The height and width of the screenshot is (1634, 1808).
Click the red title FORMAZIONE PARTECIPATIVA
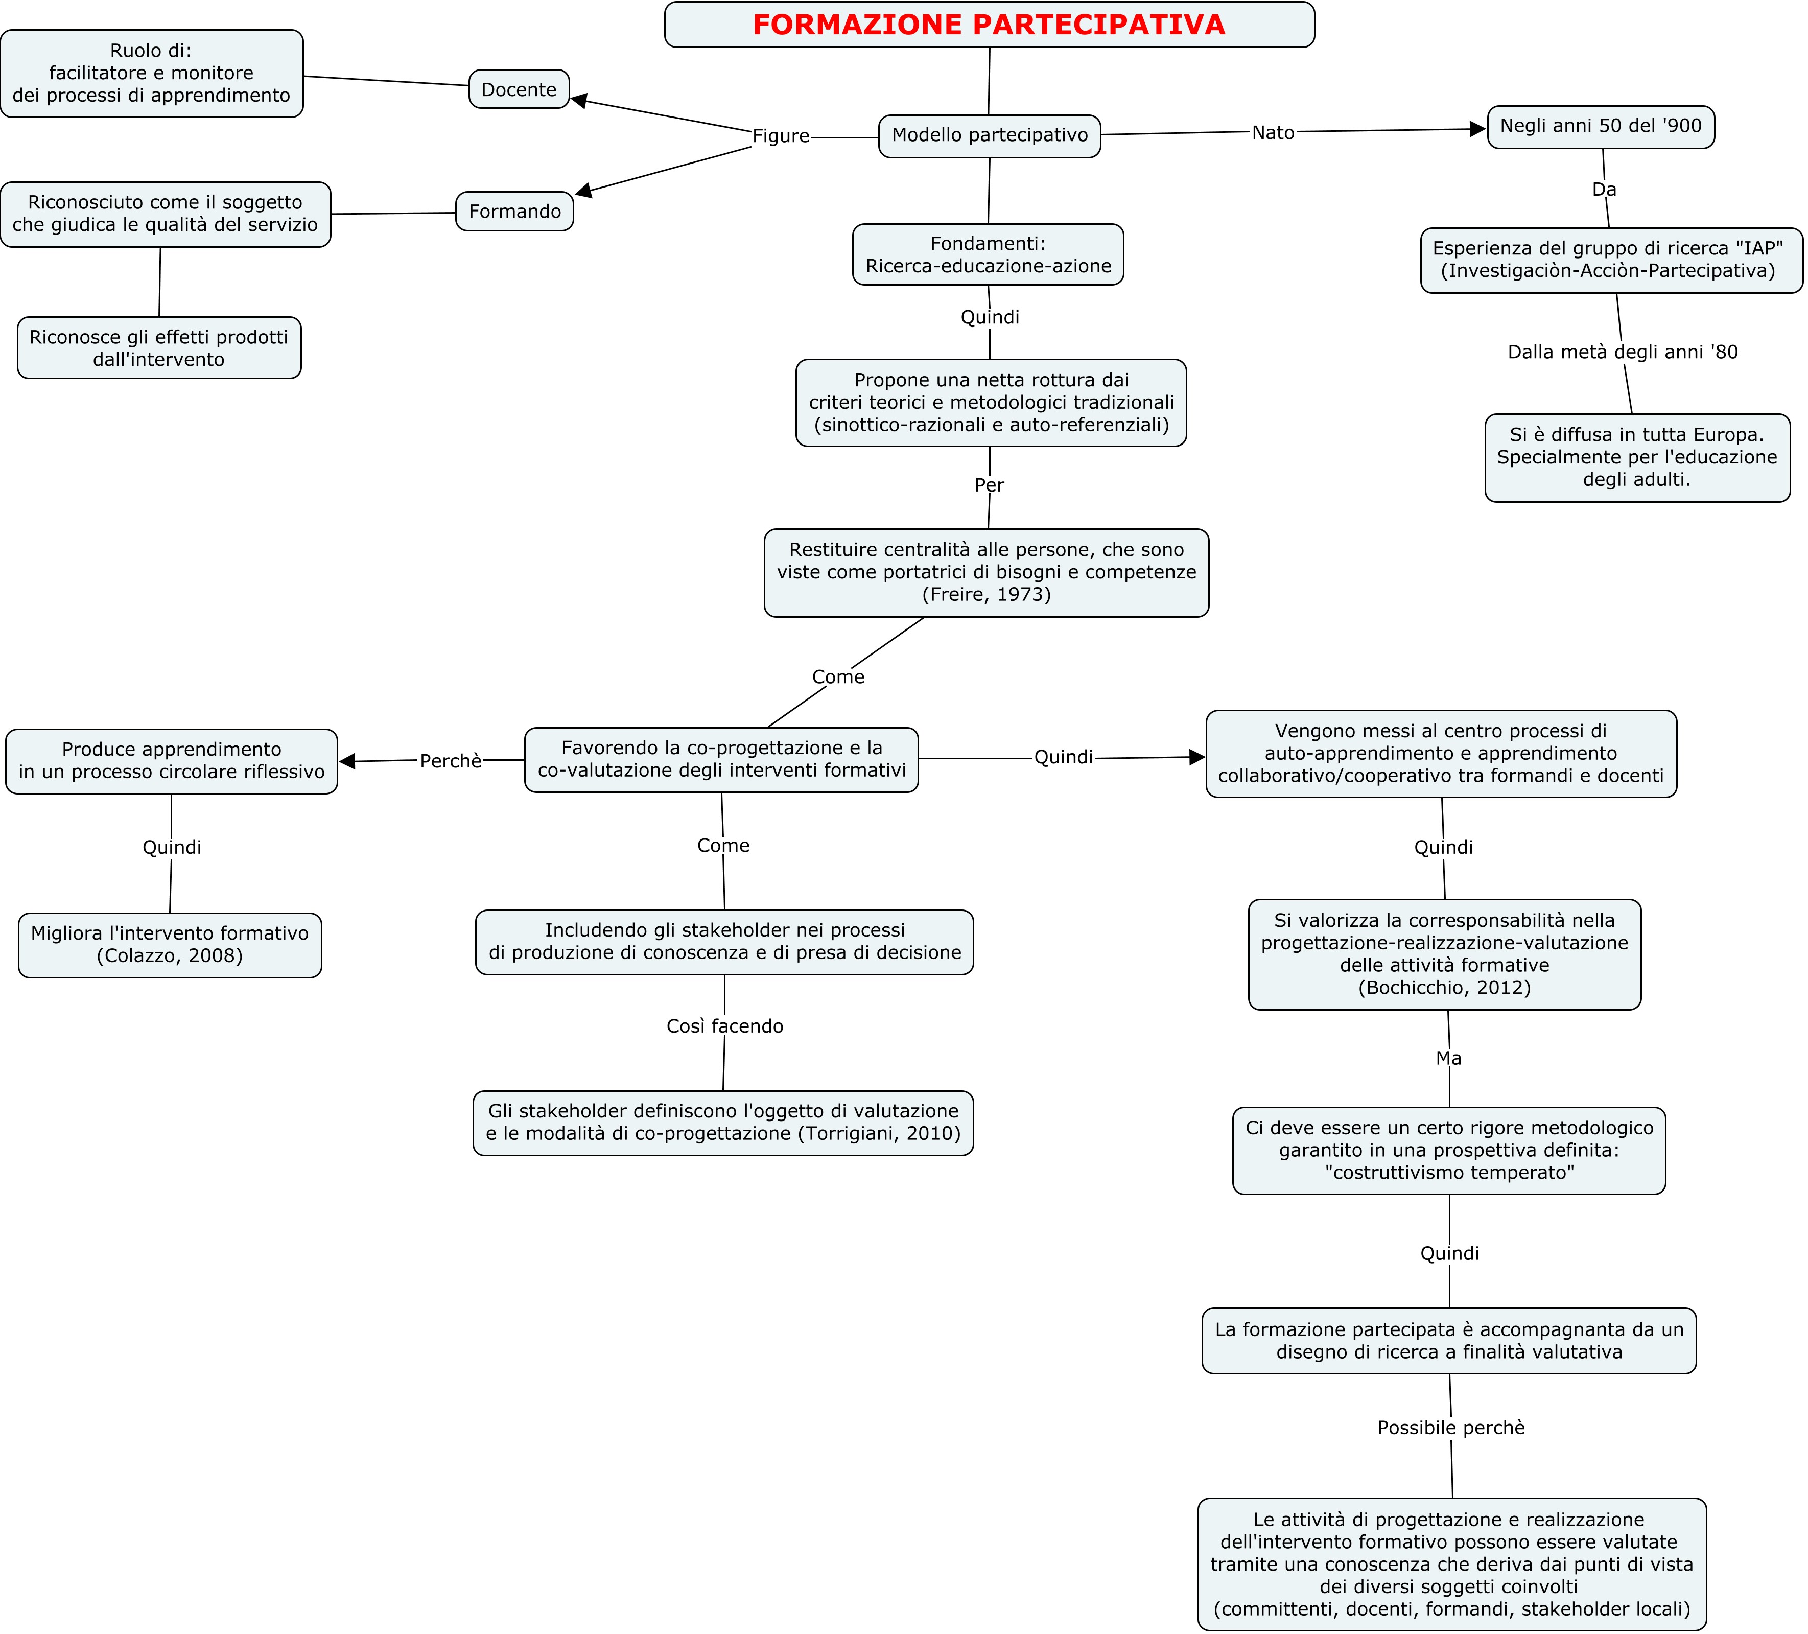[989, 24]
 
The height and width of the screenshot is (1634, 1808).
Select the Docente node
[519, 89]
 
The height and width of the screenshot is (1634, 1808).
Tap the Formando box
[515, 211]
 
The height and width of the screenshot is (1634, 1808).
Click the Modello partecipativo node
[989, 135]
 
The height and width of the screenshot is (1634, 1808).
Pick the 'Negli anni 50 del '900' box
[1601, 126]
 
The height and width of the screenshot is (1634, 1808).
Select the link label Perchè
[451, 760]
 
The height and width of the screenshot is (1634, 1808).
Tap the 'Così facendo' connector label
[724, 1026]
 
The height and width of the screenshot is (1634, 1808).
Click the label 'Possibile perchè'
[1451, 1428]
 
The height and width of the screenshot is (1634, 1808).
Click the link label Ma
[1448, 1058]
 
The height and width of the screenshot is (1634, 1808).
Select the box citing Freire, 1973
[987, 572]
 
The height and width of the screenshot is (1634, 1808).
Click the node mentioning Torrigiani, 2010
[723, 1123]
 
